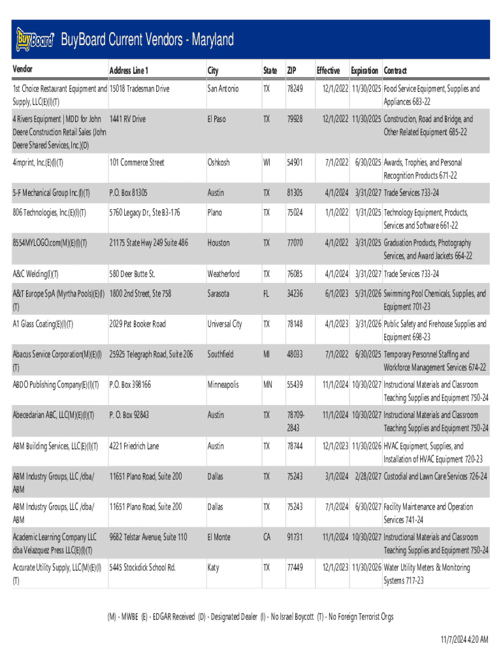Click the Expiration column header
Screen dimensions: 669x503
tap(365, 70)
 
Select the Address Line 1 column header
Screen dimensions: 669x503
tap(129, 71)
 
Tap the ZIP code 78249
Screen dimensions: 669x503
tap(295, 88)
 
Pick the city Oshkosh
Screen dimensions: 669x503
tap(219, 162)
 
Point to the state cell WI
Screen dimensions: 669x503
tap(267, 162)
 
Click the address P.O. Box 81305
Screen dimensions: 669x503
tap(129, 193)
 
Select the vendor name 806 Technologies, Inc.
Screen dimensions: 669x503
tap(50, 212)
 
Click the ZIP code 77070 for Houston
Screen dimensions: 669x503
tap(295, 242)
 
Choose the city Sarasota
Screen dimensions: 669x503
tap(220, 293)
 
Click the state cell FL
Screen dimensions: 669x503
tap(266, 293)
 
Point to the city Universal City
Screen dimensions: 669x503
tap(225, 323)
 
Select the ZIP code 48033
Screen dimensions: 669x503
tap(295, 354)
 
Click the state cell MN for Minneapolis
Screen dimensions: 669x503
tap(268, 384)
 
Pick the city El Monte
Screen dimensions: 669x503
tap(219, 537)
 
